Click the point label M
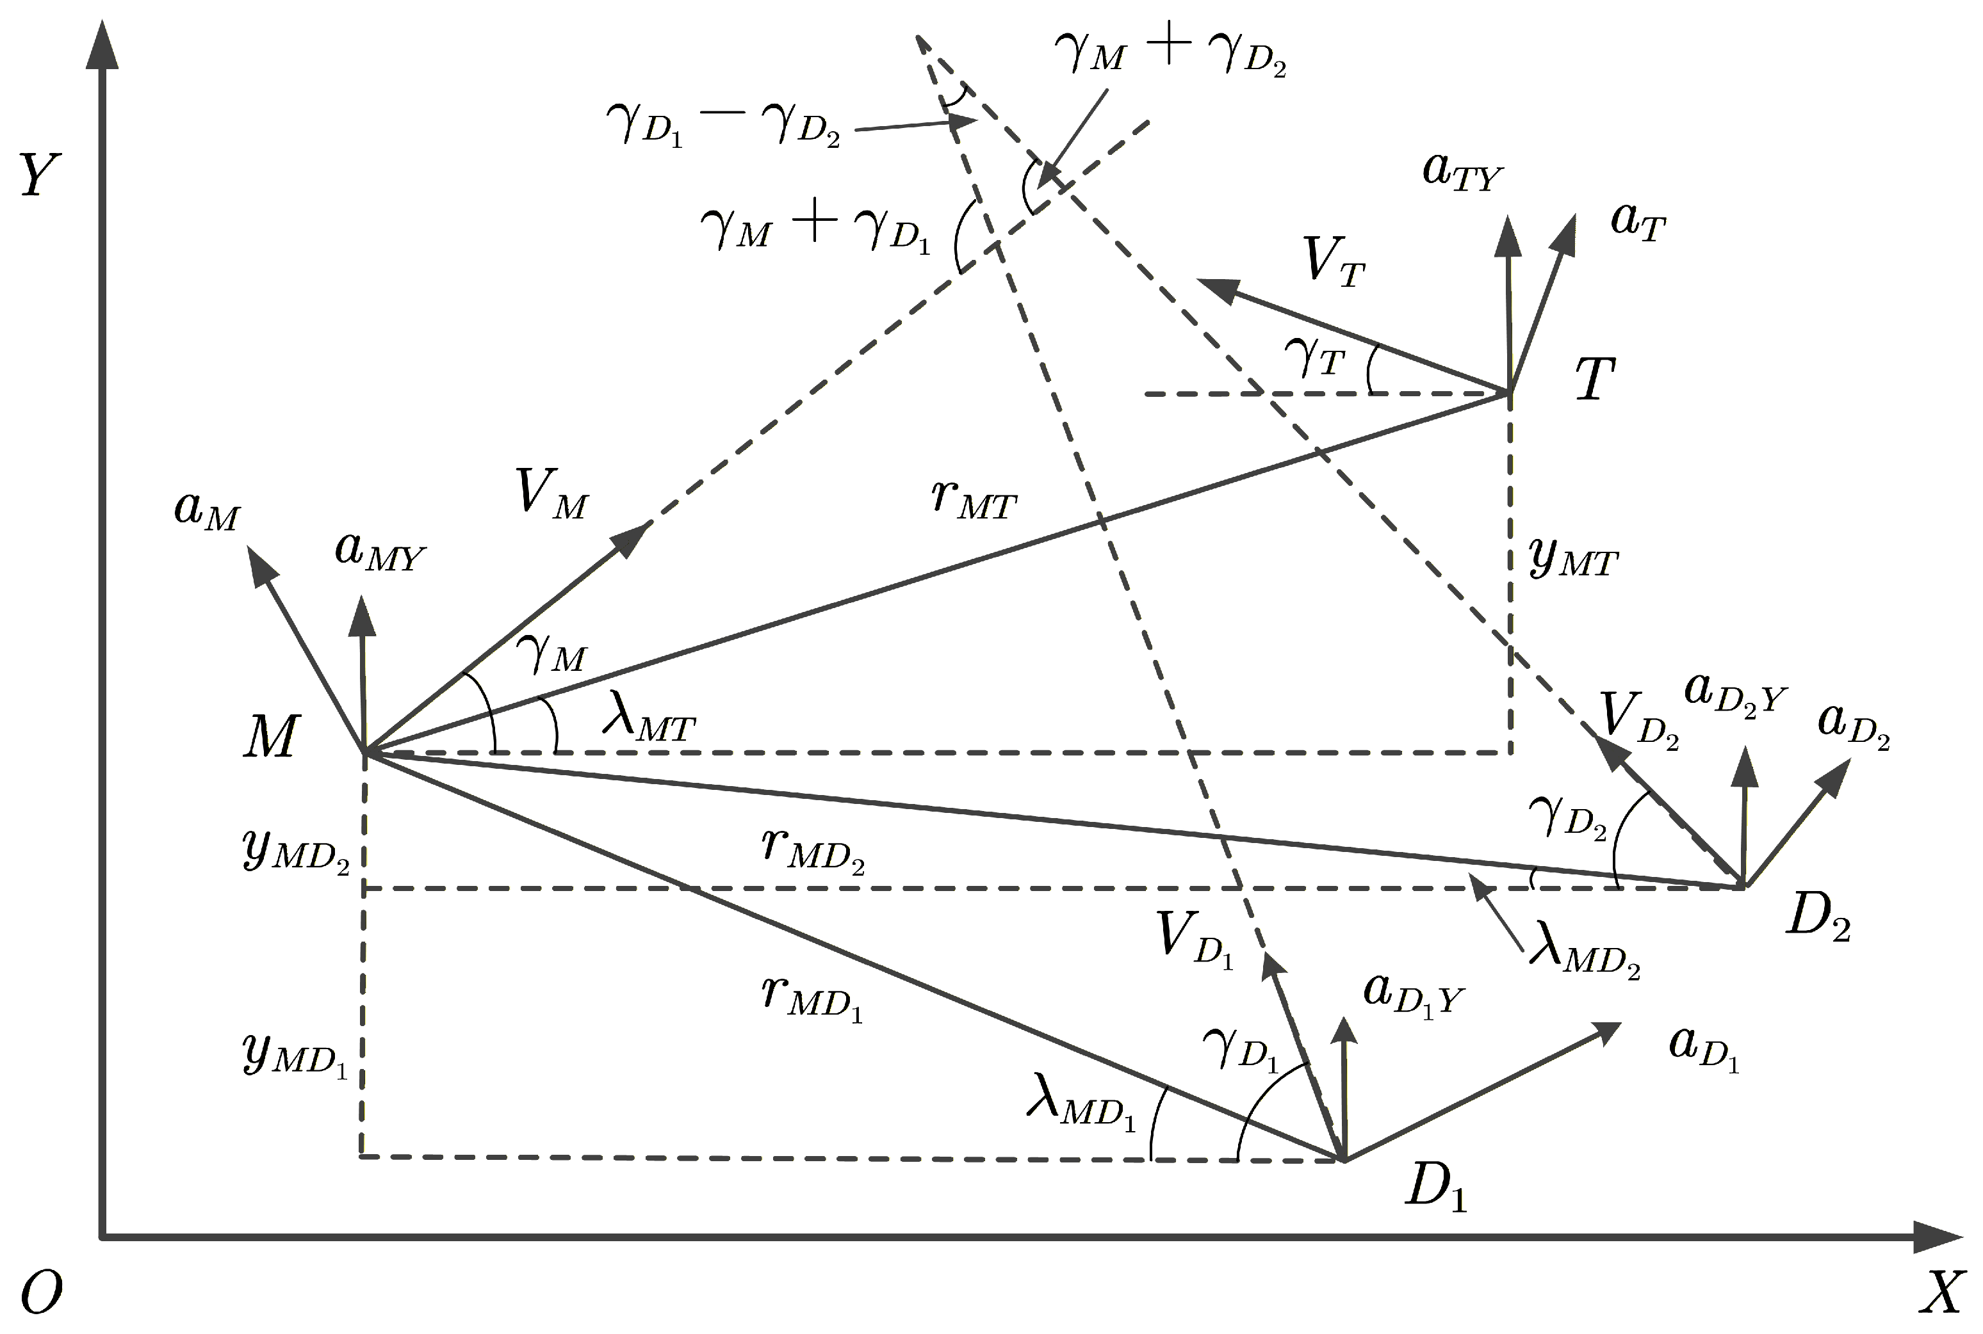[271, 736]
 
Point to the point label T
[1594, 378]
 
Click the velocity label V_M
[551, 494]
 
